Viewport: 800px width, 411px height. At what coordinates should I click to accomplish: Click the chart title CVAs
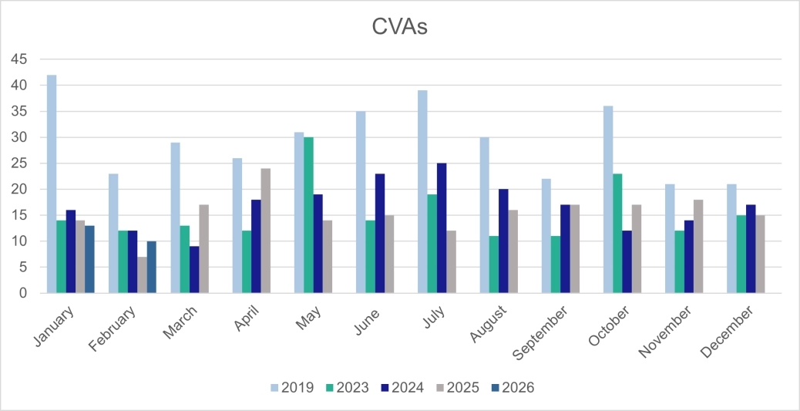[399, 29]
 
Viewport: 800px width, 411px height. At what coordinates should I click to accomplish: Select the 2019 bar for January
[52, 184]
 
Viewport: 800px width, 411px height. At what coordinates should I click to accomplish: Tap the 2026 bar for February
[152, 268]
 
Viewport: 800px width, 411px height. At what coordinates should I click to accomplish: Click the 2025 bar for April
[266, 231]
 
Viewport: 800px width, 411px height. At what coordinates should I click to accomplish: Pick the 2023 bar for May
[308, 215]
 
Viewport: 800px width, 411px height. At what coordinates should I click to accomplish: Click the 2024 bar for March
[194, 270]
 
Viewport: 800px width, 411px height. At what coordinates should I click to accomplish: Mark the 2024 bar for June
[380, 234]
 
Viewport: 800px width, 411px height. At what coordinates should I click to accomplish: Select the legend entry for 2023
[346, 387]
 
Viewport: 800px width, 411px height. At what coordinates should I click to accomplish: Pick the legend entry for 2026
[511, 387]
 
